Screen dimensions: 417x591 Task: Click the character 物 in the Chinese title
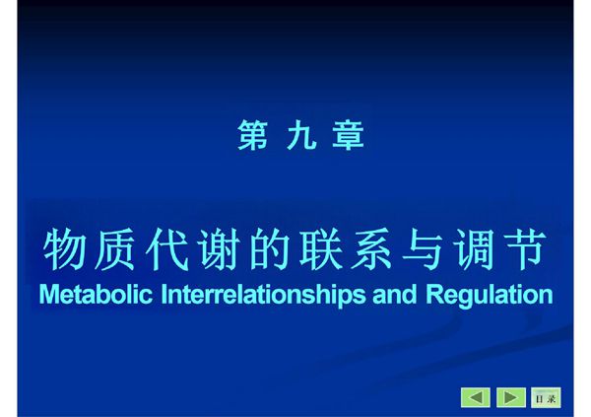(64, 250)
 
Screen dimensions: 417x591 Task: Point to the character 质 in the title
(115, 250)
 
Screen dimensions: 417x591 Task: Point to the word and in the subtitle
(399, 295)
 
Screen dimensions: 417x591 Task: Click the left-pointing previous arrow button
(476, 397)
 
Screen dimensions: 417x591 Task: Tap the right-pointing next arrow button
(510, 397)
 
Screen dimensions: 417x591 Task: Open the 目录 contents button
(545, 397)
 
